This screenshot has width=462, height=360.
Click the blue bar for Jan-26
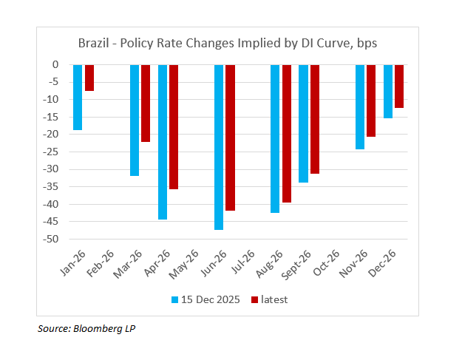[x=78, y=97]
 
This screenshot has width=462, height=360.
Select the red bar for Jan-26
[x=89, y=78]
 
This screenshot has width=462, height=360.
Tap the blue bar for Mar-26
[x=135, y=120]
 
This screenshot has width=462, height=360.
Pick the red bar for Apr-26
[x=174, y=126]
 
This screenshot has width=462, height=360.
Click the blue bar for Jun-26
[x=219, y=147]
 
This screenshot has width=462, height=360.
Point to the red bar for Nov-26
[x=371, y=101]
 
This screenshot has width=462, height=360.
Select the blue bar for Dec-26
[x=388, y=91]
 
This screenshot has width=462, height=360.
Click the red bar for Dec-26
[x=399, y=86]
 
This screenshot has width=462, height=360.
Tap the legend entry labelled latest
[x=270, y=299]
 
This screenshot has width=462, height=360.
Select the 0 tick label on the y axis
[x=55, y=64]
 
